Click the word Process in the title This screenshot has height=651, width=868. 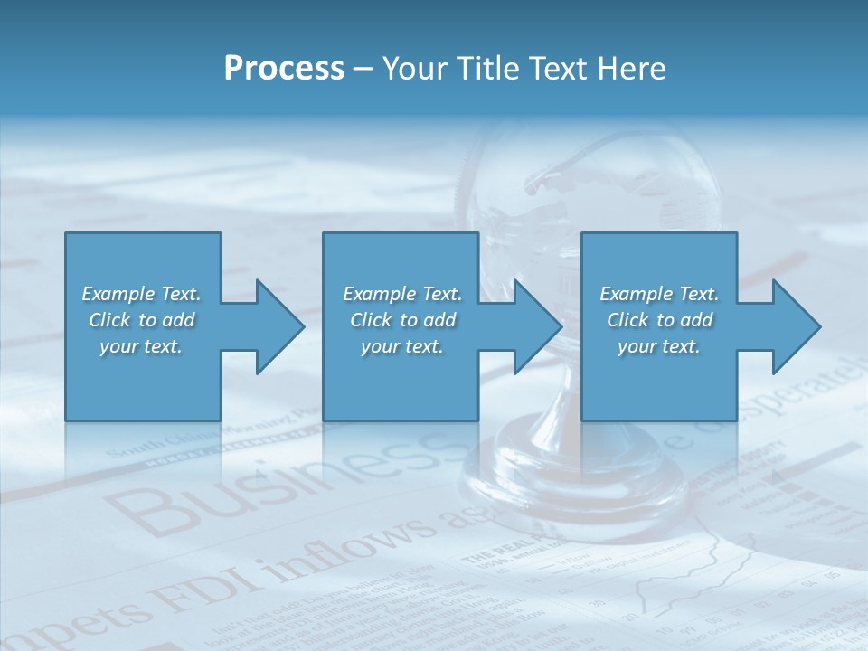(x=284, y=69)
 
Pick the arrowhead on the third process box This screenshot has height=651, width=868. (x=797, y=326)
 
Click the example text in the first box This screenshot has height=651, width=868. (x=141, y=320)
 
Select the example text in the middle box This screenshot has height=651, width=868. (x=401, y=320)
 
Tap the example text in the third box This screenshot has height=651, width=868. (x=658, y=320)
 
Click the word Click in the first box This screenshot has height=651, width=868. (x=108, y=320)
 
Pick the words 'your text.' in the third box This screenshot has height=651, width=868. (x=658, y=346)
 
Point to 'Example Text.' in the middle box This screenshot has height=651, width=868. (x=401, y=294)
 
